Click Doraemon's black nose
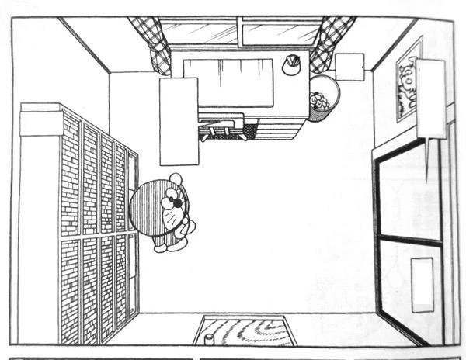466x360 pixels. (x=178, y=202)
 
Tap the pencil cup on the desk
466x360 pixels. (x=293, y=64)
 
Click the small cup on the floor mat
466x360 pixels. (x=208, y=339)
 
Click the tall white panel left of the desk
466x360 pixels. (x=179, y=121)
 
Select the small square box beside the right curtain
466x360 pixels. (x=350, y=67)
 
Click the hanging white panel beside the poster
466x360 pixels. (x=430, y=98)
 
